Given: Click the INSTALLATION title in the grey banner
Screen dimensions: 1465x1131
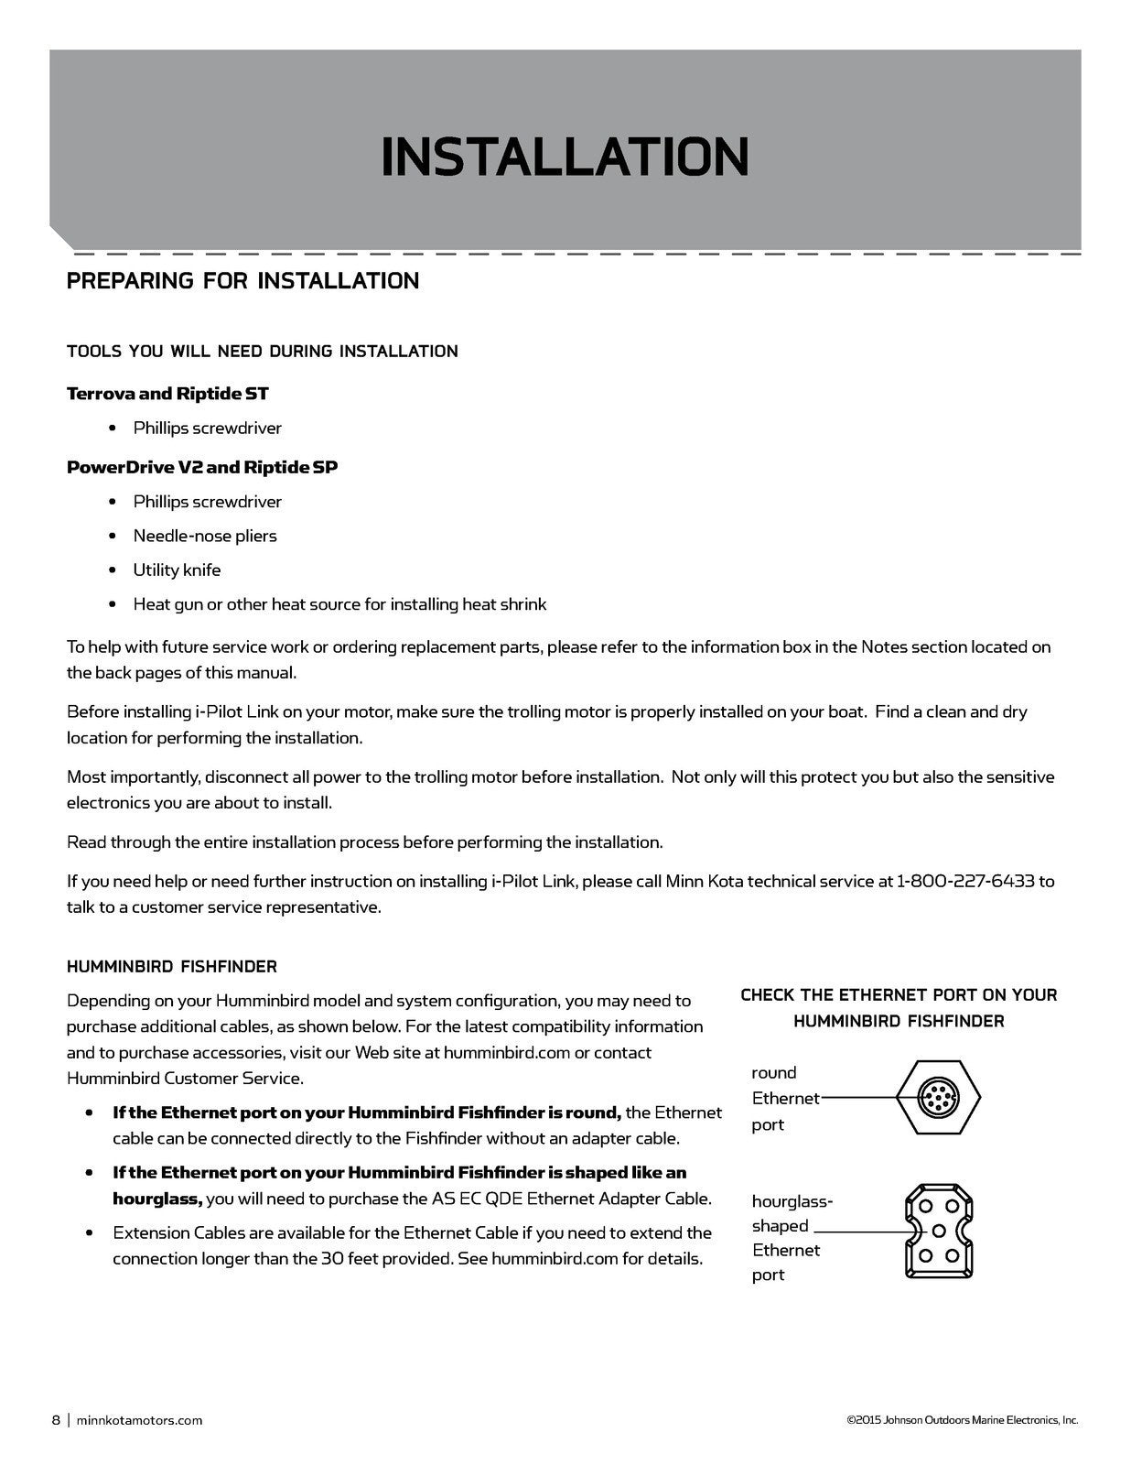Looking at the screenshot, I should [565, 156].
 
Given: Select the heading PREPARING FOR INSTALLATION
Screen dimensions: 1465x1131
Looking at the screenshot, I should [242, 280].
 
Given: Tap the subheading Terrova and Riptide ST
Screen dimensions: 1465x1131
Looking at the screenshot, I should [167, 394].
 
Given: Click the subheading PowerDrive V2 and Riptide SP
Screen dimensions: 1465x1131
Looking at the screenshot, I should [202, 467].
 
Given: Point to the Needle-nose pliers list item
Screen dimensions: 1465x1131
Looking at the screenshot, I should [205, 536].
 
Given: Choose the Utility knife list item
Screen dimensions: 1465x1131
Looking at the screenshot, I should [177, 570].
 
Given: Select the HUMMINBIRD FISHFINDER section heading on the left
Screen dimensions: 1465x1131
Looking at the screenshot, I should [172, 966].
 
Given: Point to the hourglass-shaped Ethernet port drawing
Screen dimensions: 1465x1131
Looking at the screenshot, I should [938, 1230].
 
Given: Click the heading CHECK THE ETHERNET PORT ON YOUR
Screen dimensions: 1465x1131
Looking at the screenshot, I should [899, 994].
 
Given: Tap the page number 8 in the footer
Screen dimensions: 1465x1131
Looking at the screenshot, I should [56, 1420].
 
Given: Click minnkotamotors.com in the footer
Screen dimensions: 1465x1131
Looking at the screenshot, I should [139, 1420].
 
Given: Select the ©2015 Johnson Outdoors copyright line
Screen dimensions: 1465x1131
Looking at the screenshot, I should [962, 1420].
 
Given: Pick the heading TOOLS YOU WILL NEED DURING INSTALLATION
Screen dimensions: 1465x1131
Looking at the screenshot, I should [262, 352].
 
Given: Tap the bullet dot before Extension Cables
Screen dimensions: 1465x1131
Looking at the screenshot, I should [90, 1232].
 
